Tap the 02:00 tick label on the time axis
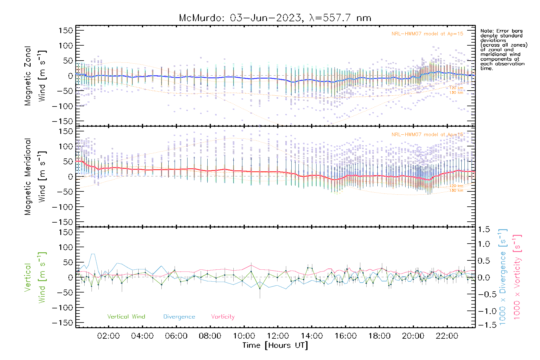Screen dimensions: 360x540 click(108, 336)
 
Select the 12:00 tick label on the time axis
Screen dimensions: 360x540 click(278, 336)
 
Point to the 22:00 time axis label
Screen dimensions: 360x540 click(447, 336)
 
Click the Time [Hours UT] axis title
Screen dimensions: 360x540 click(275, 345)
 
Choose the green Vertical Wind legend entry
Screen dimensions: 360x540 click(126, 317)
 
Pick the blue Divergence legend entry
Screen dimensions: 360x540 click(179, 317)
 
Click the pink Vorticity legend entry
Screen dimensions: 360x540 click(223, 317)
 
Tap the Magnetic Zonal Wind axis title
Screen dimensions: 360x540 click(35, 76)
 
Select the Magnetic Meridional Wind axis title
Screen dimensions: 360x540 click(35, 177)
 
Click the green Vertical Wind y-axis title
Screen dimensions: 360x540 click(35, 277)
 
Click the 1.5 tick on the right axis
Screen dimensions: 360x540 click(484, 230)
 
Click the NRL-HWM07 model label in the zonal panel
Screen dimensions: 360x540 click(427, 34)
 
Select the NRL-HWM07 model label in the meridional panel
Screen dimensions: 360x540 click(427, 135)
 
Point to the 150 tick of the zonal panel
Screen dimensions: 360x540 click(66, 30)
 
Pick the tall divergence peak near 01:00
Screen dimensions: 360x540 click(93, 254)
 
